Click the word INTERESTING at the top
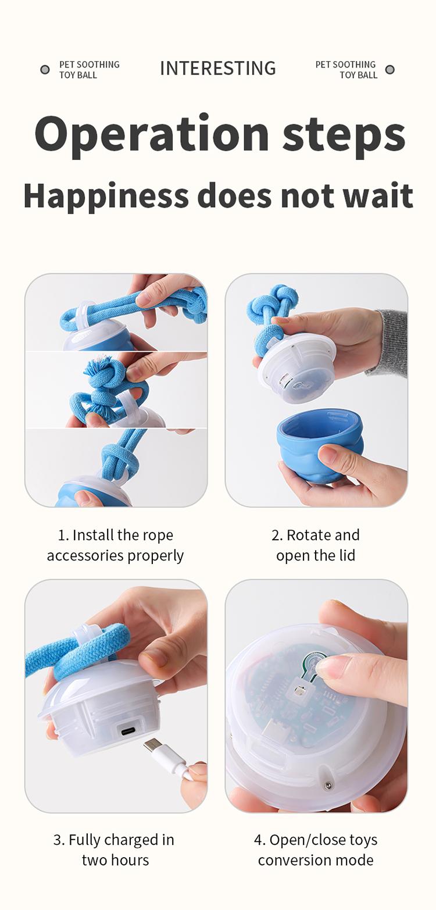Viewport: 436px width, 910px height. pos(217,69)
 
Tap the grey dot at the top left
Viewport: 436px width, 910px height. pos(45,70)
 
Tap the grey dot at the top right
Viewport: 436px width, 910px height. pos(390,70)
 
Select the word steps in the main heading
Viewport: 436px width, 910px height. pos(344,134)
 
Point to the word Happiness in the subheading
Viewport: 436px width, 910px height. pos(106,195)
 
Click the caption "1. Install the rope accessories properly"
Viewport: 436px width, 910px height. pos(115,545)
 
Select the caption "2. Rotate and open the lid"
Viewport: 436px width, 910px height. pos(316,545)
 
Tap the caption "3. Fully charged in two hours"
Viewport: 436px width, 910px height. pos(115,850)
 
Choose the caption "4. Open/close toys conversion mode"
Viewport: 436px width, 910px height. pos(316,850)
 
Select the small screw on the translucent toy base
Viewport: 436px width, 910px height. pos(328,786)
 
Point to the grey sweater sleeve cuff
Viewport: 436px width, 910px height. pos(394,343)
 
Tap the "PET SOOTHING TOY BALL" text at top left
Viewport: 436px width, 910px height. pos(88,70)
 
